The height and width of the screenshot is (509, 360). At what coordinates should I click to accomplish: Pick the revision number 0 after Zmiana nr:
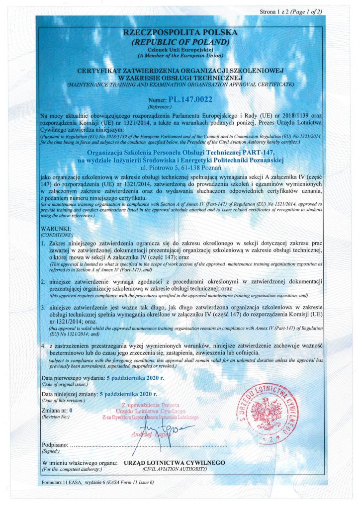[x=71, y=411]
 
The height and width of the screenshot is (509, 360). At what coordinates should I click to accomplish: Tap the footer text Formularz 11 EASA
[x=64, y=483]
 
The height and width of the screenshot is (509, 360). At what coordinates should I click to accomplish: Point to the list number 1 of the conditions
[x=43, y=243]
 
